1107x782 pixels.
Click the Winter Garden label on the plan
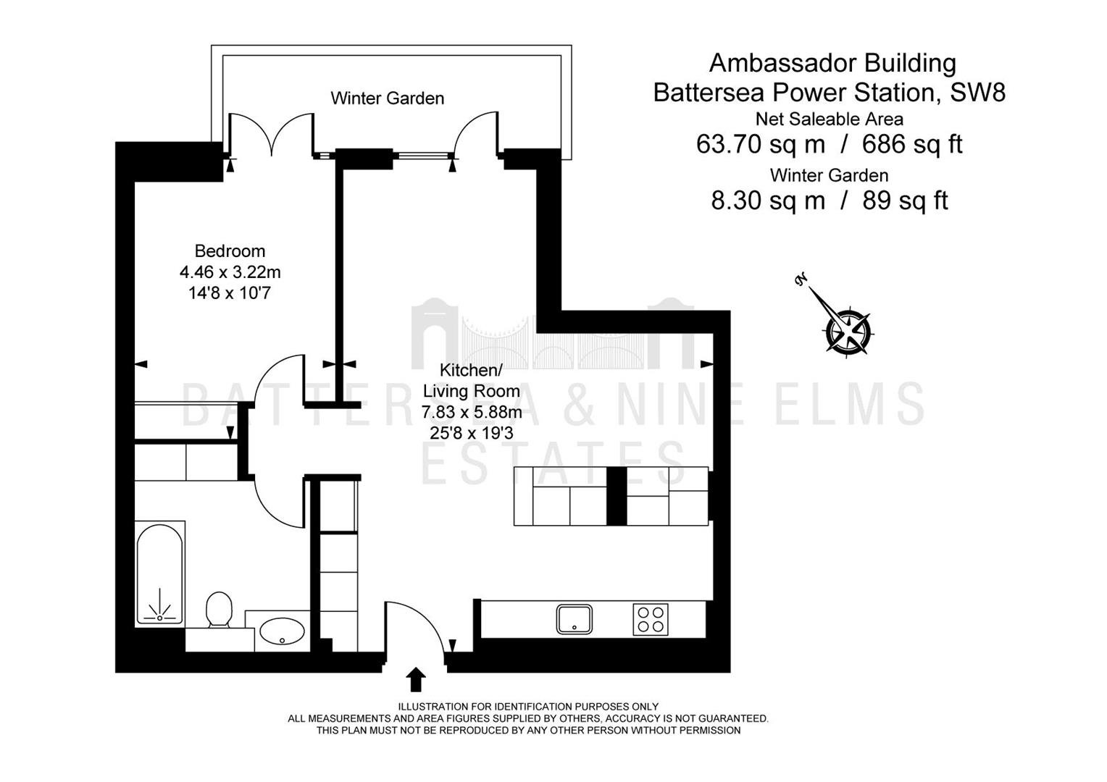pos(387,98)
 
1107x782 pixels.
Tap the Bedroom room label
pos(230,251)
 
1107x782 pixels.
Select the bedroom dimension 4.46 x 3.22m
pos(230,272)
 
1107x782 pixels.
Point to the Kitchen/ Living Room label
pos(472,380)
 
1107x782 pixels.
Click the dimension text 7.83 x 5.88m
pos(472,412)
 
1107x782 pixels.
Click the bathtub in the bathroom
pos(159,573)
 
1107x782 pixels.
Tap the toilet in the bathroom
pos(219,610)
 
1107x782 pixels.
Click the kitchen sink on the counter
pos(574,619)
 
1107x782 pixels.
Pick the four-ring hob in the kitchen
pos(651,620)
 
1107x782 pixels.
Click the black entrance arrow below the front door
pos(416,679)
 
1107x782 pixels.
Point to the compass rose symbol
pos(848,331)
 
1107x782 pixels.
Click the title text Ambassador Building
pos(832,63)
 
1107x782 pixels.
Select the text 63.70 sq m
pos(761,144)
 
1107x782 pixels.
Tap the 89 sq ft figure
pos(906,201)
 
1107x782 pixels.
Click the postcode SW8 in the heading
pos(978,92)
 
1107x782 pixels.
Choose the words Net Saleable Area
pos(830,119)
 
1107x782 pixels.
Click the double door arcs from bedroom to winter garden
pos(272,132)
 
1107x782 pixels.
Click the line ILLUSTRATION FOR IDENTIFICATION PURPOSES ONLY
pos(528,707)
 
